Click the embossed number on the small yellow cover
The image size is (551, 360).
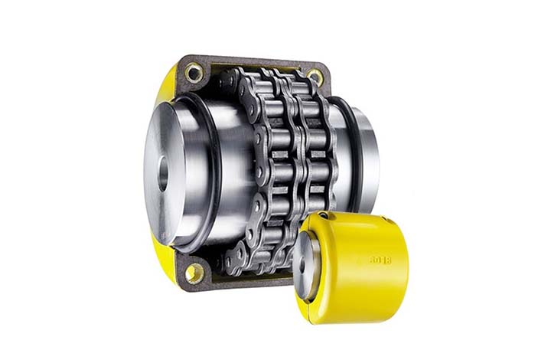[380, 260]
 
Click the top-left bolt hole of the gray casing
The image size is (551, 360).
[194, 73]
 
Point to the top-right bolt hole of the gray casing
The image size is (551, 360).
[314, 75]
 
